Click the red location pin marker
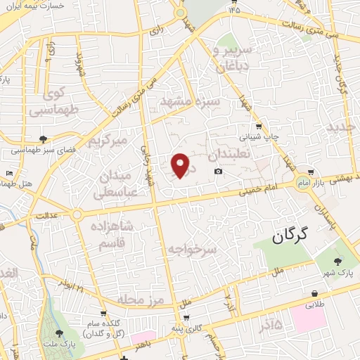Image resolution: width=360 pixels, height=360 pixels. tap(181, 165)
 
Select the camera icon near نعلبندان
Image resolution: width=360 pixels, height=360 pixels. tap(219, 172)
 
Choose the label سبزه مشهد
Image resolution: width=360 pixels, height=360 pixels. tap(191, 103)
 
